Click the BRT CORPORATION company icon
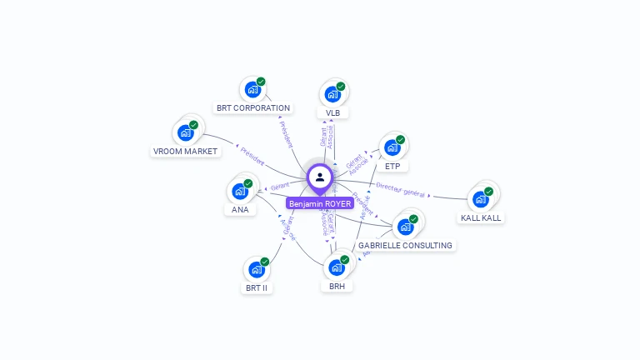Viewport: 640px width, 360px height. point(252,91)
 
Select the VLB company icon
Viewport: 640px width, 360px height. point(332,94)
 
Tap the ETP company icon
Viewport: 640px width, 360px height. point(392,148)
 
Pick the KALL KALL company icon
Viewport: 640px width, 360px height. point(480,199)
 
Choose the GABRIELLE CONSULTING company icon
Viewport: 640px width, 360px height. point(406,227)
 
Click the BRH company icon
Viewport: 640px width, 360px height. point(337,267)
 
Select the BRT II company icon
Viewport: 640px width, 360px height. point(256,270)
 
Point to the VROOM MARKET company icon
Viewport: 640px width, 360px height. point(185,132)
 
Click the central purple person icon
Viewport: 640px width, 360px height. point(320,177)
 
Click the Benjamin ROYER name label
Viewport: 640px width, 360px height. point(320,203)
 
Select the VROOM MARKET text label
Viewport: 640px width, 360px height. point(185,152)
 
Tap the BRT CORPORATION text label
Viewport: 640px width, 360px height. point(253,108)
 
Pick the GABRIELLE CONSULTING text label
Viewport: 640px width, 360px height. point(405,246)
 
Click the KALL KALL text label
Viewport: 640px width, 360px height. point(482,218)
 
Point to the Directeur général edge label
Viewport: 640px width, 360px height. point(401,190)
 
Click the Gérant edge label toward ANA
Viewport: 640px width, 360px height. point(279,186)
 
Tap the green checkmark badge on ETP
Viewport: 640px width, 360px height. point(400,140)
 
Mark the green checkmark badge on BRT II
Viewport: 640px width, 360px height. point(264,262)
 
